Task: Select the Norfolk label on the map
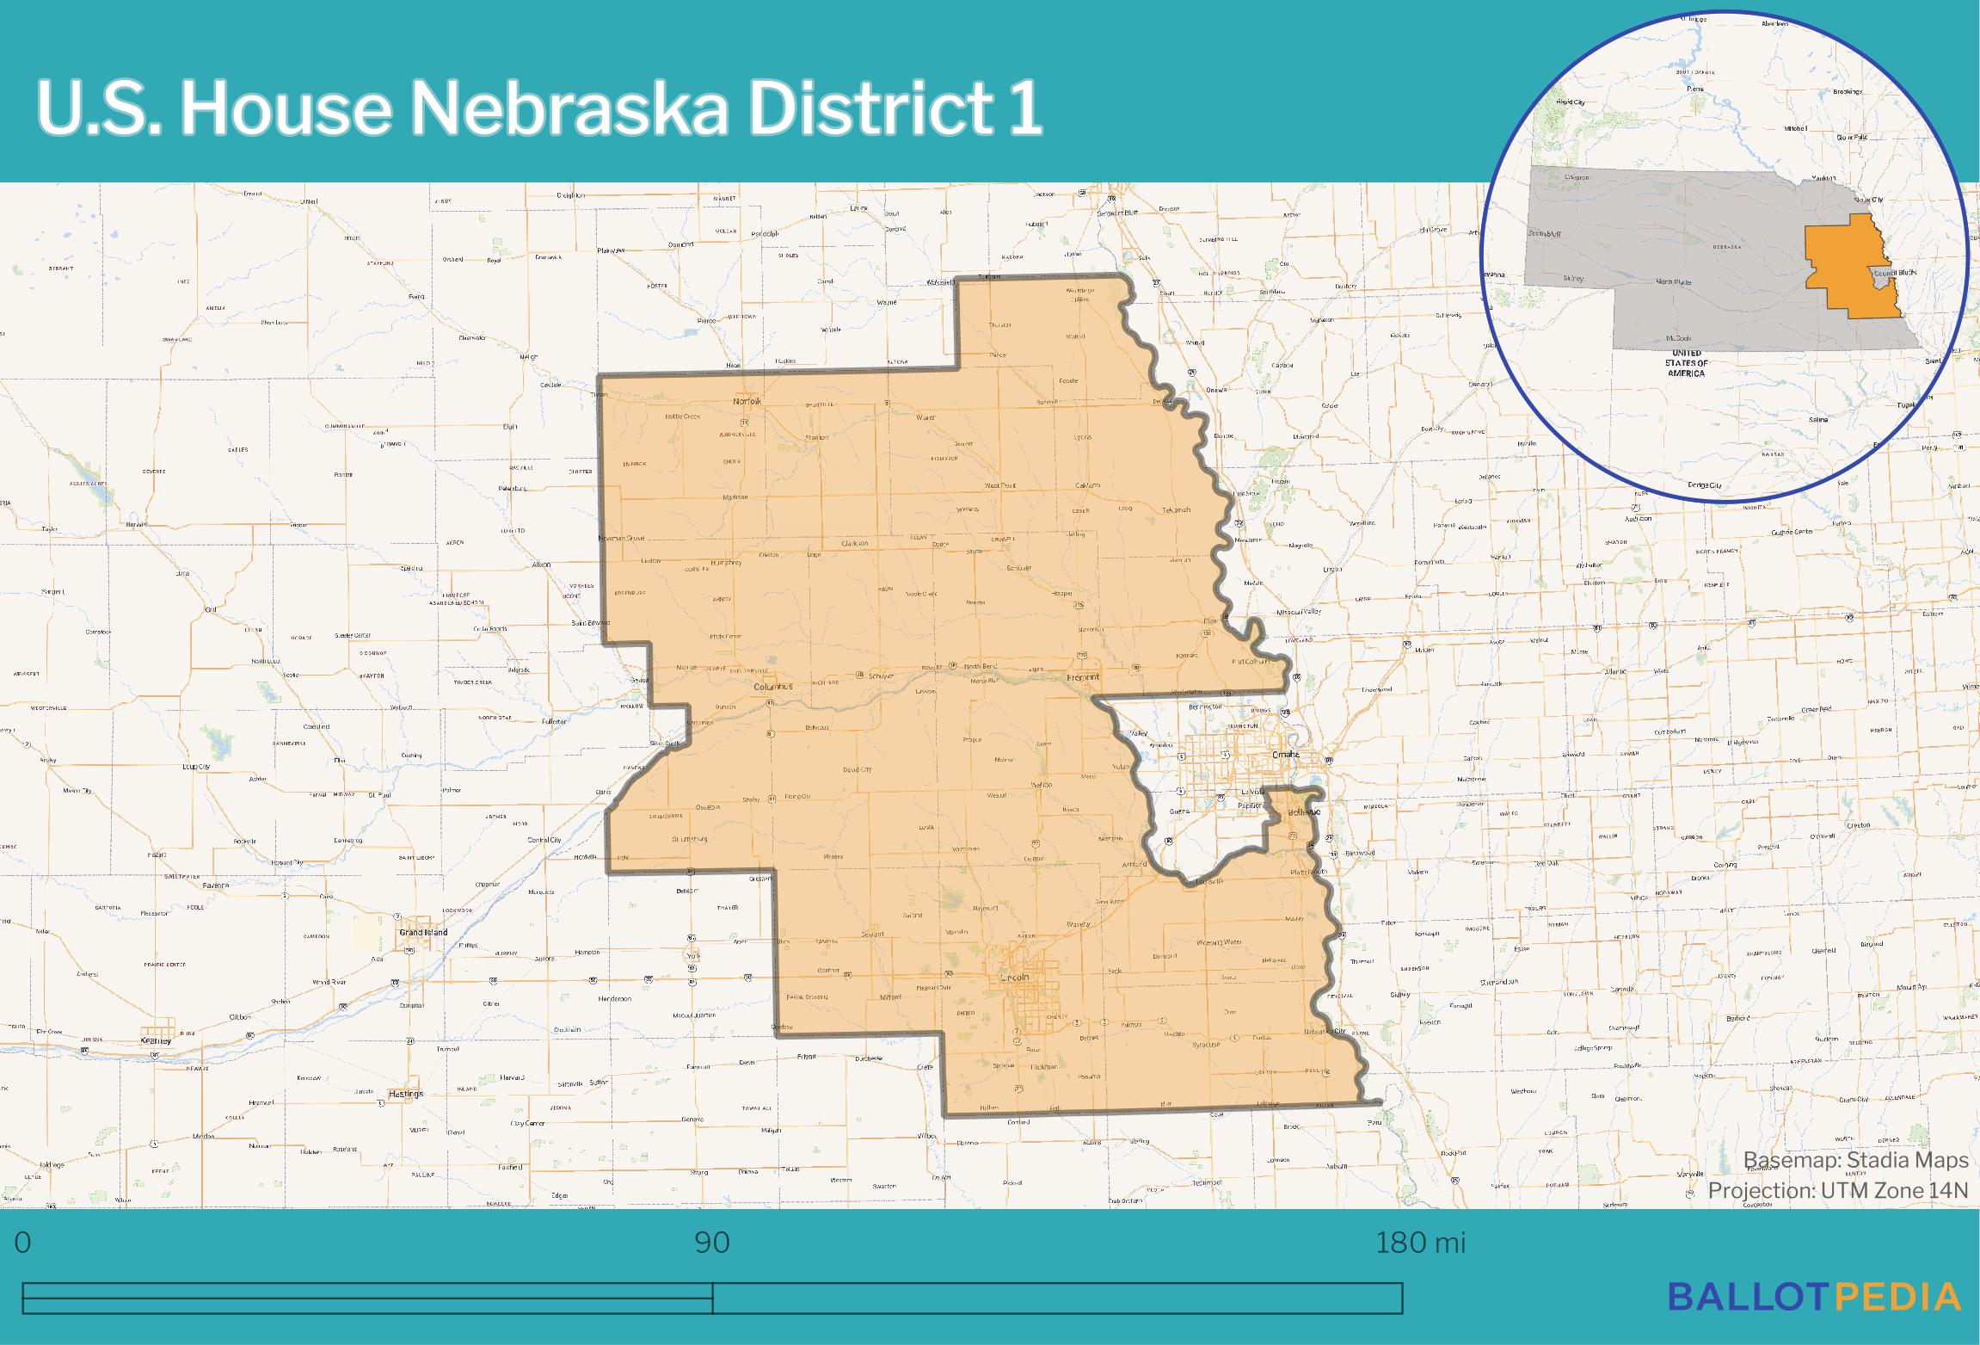[747, 402]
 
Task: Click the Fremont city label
[1083, 677]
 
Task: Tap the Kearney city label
[156, 1040]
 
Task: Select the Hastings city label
[406, 1094]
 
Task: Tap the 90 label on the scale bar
[712, 1243]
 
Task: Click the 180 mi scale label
[1420, 1243]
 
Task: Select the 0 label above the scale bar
[23, 1243]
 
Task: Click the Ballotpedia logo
[1814, 1296]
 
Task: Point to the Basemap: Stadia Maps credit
[1855, 1160]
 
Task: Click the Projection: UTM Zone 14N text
[1838, 1190]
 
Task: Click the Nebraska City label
[1324, 1031]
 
